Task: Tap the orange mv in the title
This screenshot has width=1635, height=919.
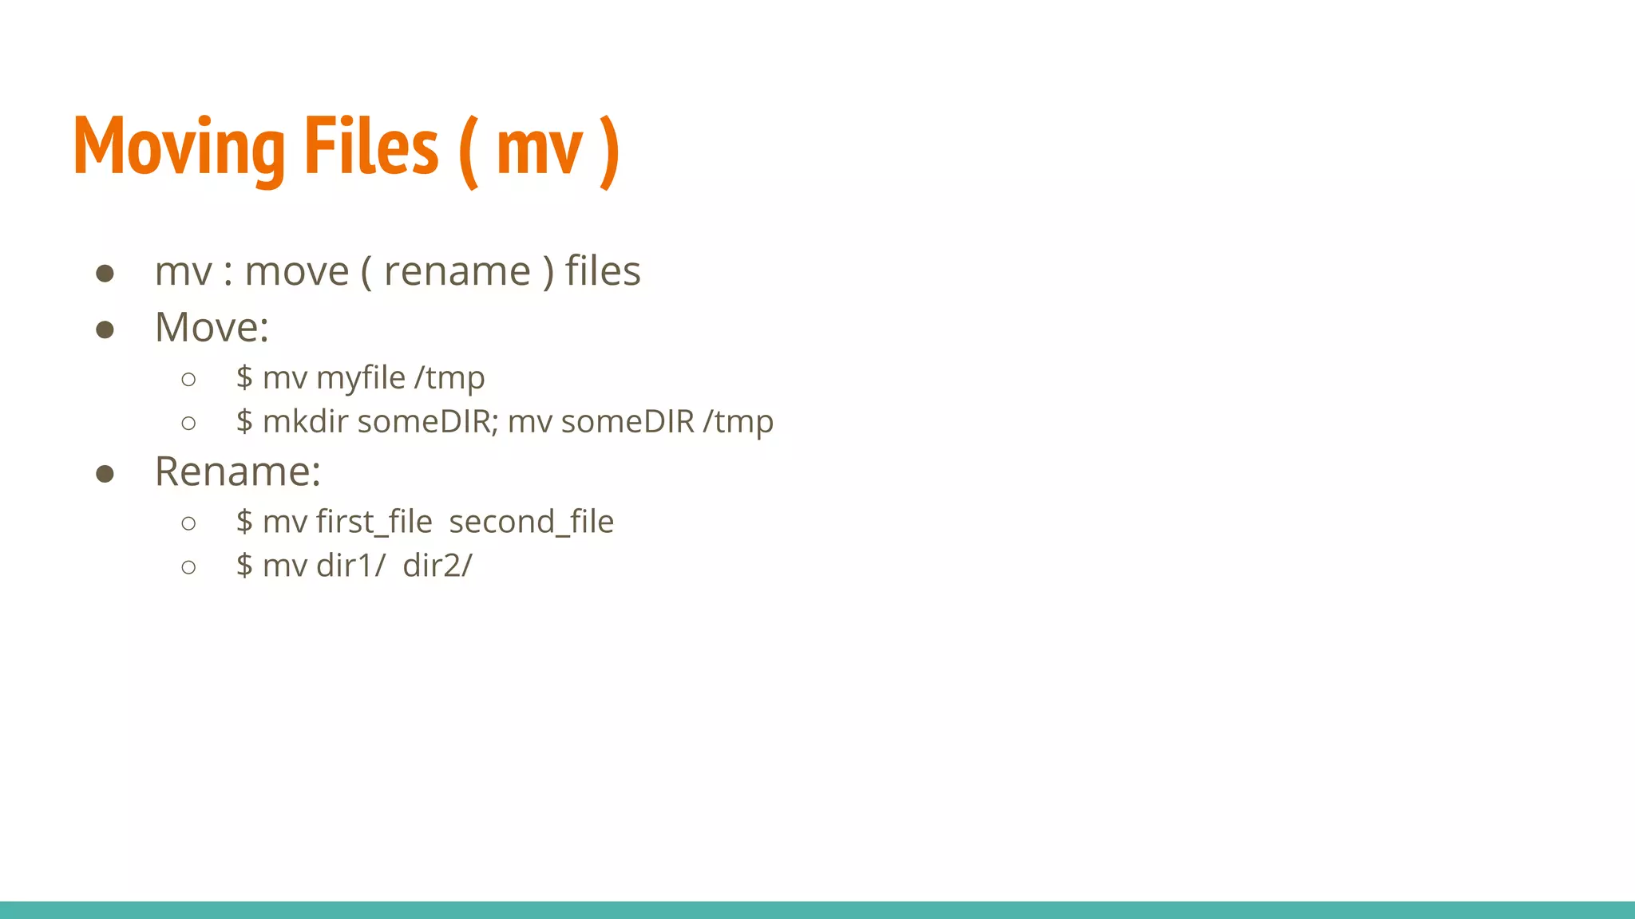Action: tap(540, 152)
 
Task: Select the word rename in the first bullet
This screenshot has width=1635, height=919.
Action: tap(457, 272)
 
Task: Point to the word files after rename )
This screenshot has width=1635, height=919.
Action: tap(603, 271)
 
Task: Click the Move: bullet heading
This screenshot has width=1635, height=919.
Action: tap(212, 327)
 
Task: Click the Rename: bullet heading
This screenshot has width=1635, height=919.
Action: tap(237, 471)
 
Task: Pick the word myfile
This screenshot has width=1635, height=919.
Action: tap(361, 378)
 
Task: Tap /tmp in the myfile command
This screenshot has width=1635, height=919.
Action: tap(449, 378)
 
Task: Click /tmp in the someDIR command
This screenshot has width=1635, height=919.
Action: tap(738, 422)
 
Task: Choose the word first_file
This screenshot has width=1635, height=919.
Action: tap(374, 523)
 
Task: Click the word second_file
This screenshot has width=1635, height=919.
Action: tap(531, 523)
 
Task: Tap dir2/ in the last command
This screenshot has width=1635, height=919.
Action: tap(437, 566)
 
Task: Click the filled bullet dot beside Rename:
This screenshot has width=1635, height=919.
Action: tap(105, 475)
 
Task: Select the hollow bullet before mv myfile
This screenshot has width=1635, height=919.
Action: tap(188, 380)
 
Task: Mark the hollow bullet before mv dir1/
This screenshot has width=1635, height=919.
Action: tap(188, 568)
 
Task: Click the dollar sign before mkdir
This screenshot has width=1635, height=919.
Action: tap(244, 421)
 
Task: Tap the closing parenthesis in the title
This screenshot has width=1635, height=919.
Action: tap(608, 152)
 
